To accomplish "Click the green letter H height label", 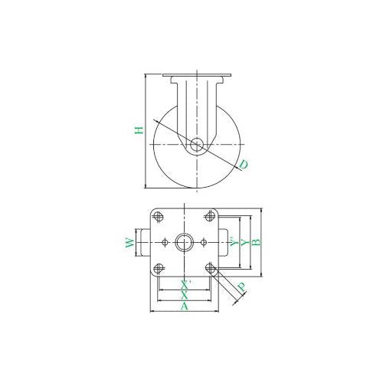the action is click(x=139, y=130).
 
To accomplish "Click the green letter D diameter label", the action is click(x=244, y=164).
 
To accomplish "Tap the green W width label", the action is click(x=130, y=243).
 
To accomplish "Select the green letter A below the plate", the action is click(x=184, y=306).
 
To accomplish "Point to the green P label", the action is click(x=241, y=288).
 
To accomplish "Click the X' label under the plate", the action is click(x=185, y=285).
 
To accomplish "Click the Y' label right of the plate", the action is click(x=234, y=241).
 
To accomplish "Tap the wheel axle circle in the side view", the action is click(x=197, y=145).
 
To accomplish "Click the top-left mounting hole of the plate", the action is click(x=159, y=217).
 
